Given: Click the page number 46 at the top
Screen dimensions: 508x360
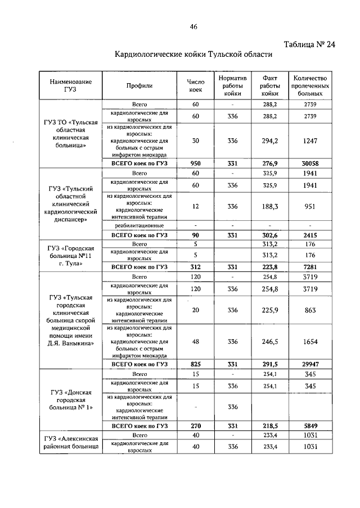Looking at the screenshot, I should [194, 26].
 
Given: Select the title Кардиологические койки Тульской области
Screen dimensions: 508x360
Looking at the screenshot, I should [193, 55].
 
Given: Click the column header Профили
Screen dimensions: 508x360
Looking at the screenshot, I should [139, 85].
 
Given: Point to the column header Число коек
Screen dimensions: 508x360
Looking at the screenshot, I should [195, 85].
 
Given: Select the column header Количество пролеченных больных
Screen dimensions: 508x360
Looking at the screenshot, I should [310, 85].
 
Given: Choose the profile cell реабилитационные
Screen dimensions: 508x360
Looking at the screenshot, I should [139, 225].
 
